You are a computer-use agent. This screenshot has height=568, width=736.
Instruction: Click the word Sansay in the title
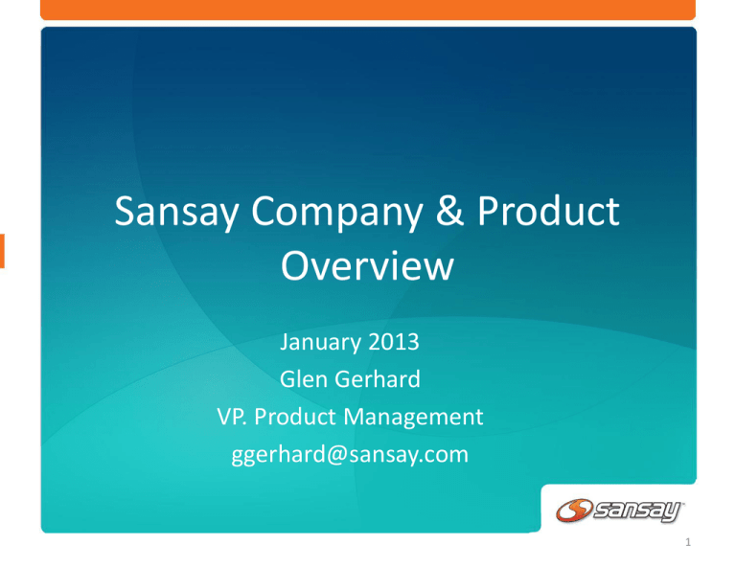pyautogui.click(x=176, y=212)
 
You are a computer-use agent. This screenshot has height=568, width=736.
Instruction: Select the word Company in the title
pyautogui.click(x=337, y=212)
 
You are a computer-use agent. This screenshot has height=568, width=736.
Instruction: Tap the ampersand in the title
pyautogui.click(x=449, y=211)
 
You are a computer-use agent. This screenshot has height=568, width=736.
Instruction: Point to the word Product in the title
pyautogui.click(x=548, y=211)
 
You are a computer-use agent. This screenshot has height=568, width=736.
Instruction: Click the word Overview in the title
pyautogui.click(x=367, y=265)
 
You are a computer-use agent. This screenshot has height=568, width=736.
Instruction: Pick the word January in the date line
pyautogui.click(x=321, y=342)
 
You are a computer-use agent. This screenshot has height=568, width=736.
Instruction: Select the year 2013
pyautogui.click(x=393, y=341)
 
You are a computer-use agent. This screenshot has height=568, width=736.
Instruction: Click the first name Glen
pyautogui.click(x=304, y=379)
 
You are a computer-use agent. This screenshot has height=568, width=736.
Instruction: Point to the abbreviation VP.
pyautogui.click(x=232, y=417)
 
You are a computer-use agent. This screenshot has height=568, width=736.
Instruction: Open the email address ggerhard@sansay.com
pyautogui.click(x=350, y=455)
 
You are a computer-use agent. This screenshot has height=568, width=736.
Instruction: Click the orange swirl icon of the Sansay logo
pyautogui.click(x=574, y=511)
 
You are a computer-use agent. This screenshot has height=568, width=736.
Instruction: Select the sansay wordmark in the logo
pyautogui.click(x=637, y=511)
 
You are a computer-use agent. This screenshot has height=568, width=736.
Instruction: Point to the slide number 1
pyautogui.click(x=688, y=543)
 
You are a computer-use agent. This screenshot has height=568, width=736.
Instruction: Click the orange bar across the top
pyautogui.click(x=368, y=10)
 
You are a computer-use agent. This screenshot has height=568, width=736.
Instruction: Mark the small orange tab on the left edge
pyautogui.click(x=2, y=251)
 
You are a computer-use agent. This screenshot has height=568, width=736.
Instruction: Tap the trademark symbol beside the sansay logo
pyautogui.click(x=682, y=503)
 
